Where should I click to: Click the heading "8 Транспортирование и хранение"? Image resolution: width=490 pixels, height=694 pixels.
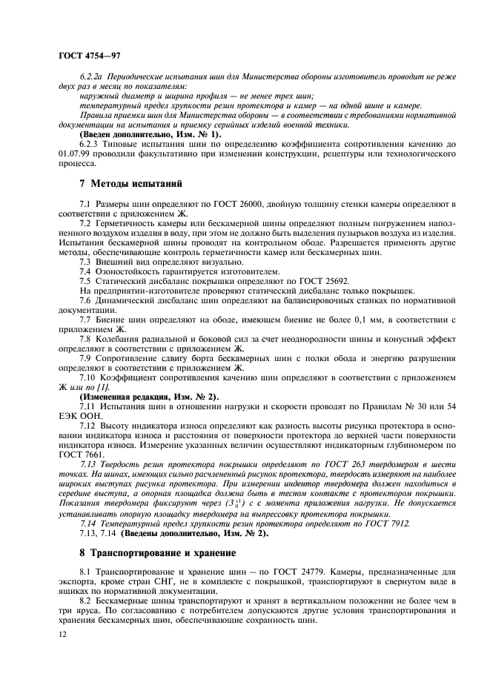tap(159, 552)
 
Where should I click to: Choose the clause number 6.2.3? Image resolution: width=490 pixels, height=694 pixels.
tap(90, 143)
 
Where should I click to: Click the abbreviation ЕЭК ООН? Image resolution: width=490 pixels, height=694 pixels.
tap(78, 416)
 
